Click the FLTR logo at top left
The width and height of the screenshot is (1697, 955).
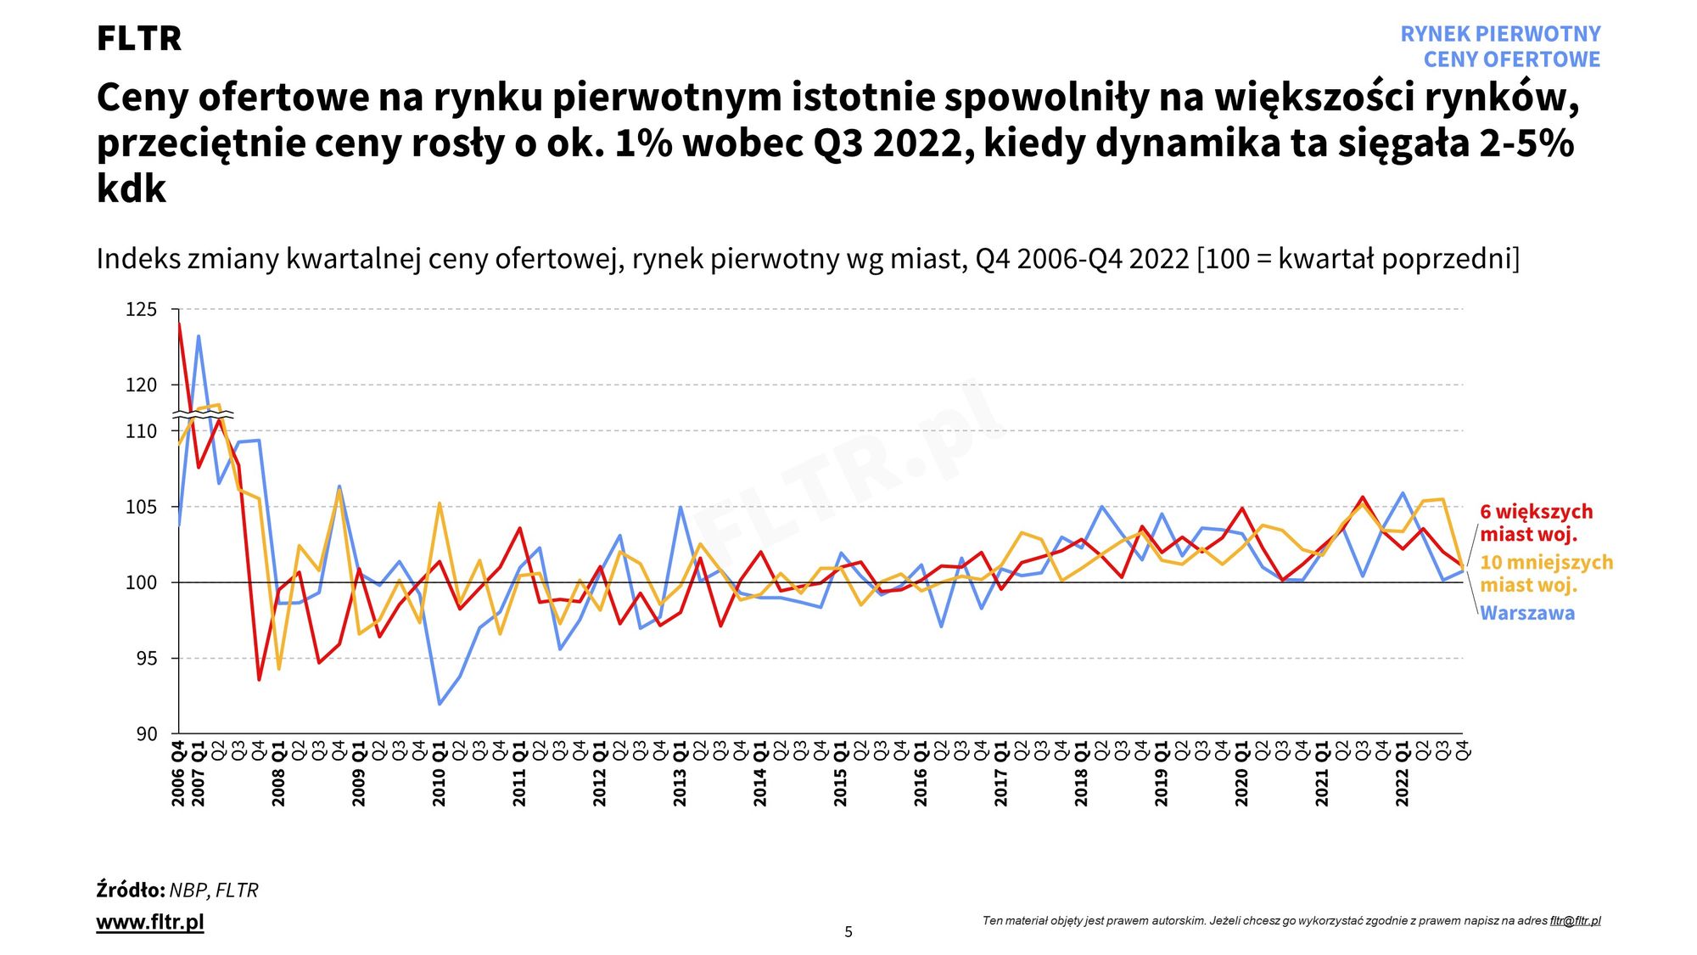pos(138,38)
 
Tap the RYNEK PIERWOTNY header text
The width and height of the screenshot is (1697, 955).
pos(1499,34)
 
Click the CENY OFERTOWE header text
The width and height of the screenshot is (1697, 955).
pos(1511,59)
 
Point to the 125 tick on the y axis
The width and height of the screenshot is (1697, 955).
pos(142,310)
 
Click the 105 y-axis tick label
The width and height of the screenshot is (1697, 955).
pos(142,508)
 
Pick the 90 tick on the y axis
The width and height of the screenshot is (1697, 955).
pos(147,734)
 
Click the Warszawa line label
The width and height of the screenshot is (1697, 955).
pos(1526,613)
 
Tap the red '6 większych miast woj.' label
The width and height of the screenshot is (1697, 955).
pos(1536,523)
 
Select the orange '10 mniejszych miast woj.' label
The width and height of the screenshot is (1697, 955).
pos(1545,573)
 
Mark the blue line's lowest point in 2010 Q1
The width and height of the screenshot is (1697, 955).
pos(440,704)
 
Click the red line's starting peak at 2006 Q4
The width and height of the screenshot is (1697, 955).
pos(179,324)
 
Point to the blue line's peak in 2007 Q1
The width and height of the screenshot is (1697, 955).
pos(199,336)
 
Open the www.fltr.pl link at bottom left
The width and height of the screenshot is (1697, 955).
pos(150,922)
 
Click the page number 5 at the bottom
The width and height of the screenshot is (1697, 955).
pos(848,932)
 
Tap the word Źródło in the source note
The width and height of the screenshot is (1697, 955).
pos(130,890)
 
